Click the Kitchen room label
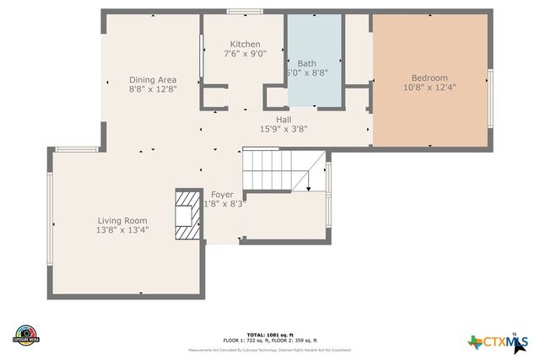(245, 44)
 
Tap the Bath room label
(306, 63)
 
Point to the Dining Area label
(153, 79)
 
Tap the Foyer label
(223, 195)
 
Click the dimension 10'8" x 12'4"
(429, 86)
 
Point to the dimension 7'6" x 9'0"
(245, 54)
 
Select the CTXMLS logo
(499, 341)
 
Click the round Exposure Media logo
(26, 335)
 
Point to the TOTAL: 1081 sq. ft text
(269, 335)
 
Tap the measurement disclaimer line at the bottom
(269, 350)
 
